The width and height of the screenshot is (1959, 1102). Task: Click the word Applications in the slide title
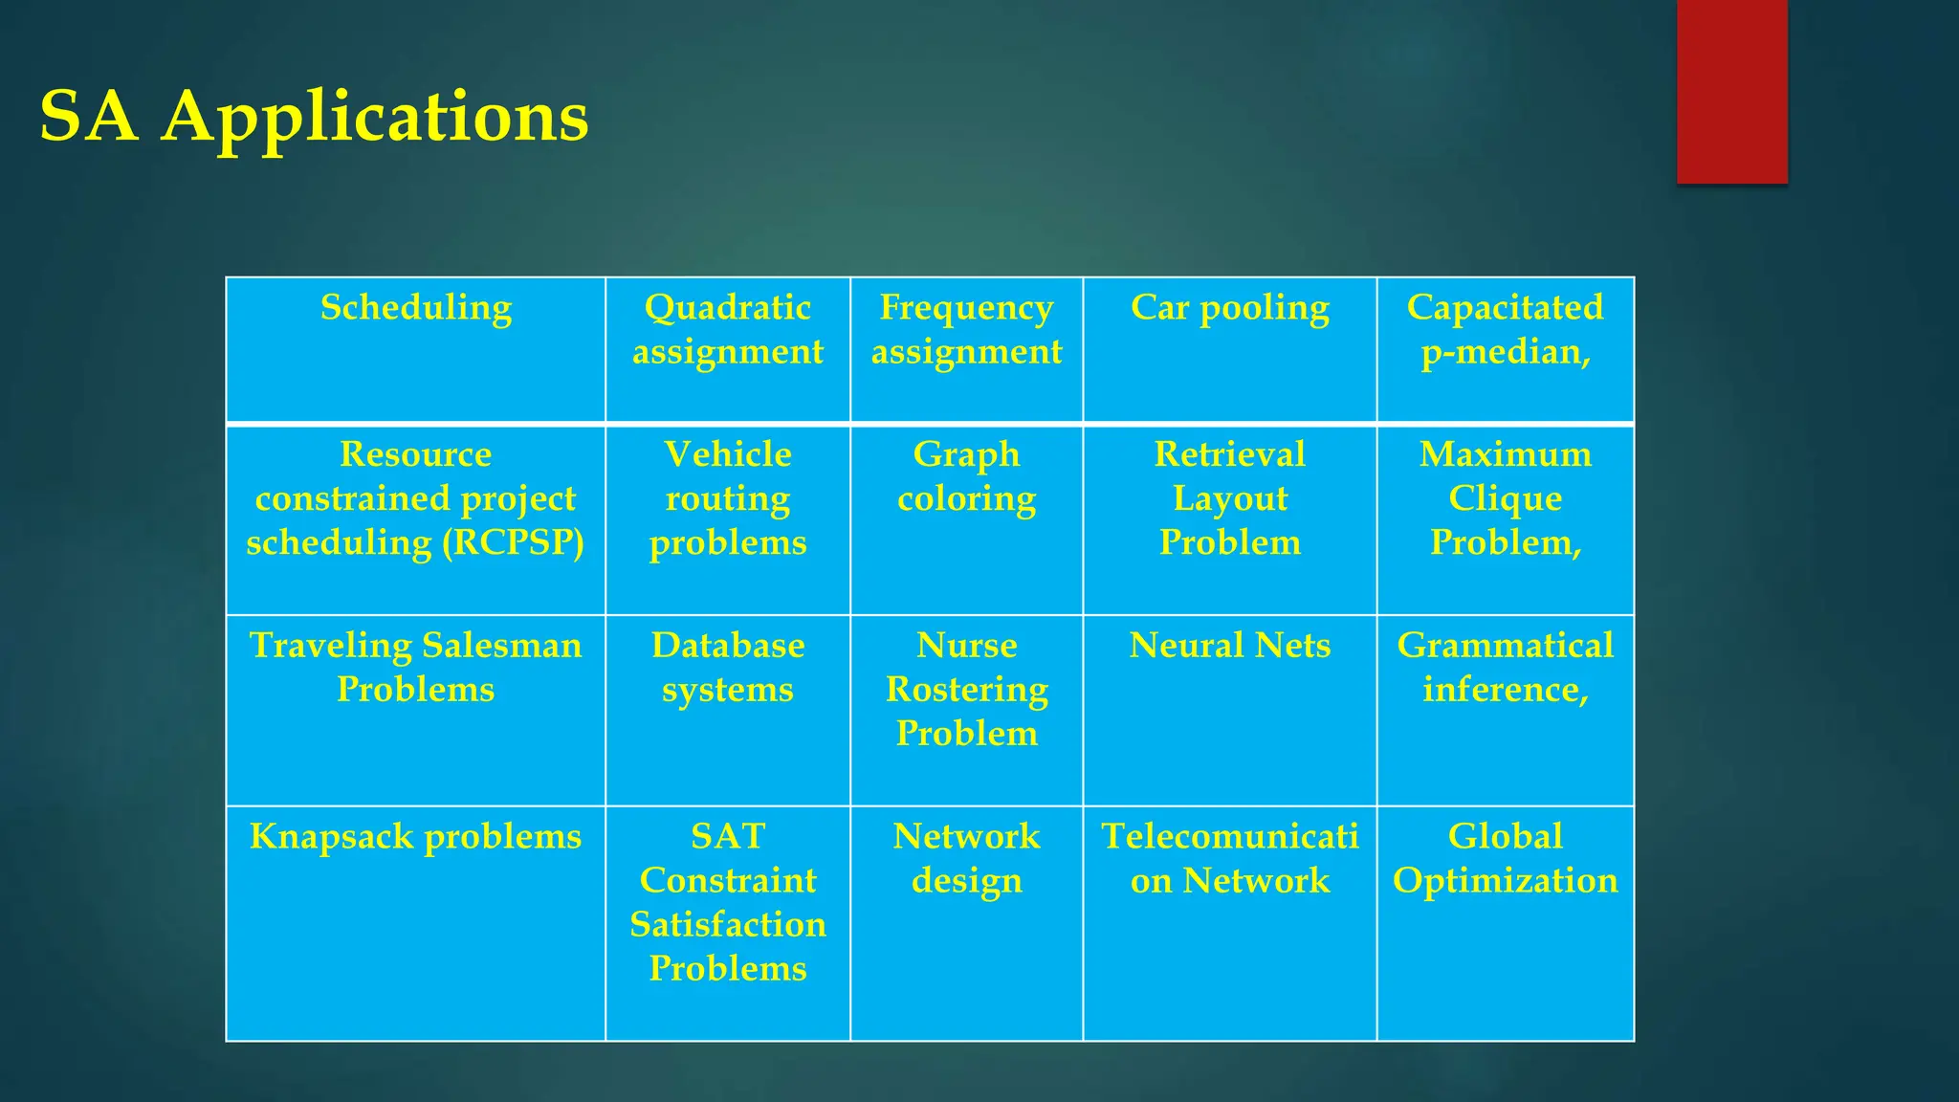tap(374, 118)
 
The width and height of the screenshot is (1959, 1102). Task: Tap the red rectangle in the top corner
tap(1731, 91)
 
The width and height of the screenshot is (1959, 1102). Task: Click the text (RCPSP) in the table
tap(513, 542)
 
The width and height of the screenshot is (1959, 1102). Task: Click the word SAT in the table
tap(727, 837)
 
